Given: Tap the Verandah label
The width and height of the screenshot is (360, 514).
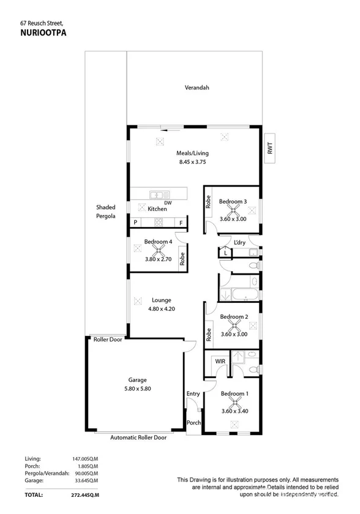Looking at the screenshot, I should pyautogui.click(x=197, y=88).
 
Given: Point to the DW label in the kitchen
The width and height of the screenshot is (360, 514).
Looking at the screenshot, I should pyautogui.click(x=168, y=203).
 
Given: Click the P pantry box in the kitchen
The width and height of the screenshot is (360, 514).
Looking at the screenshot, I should pyautogui.click(x=135, y=223).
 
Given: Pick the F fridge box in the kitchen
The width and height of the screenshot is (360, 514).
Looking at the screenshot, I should pyautogui.click(x=181, y=223).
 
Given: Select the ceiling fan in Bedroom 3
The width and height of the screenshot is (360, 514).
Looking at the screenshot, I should pyautogui.click(x=233, y=210).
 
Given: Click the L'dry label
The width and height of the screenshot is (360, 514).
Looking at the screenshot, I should pyautogui.click(x=239, y=242).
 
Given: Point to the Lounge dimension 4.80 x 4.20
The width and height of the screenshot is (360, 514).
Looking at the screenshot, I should pyautogui.click(x=162, y=309).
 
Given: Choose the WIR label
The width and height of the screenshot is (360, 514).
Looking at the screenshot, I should pyautogui.click(x=220, y=362).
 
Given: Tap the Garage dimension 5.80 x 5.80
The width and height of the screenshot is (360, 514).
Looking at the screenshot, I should pyautogui.click(x=137, y=389).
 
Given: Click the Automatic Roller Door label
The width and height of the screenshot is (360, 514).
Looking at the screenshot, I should pyautogui.click(x=138, y=438).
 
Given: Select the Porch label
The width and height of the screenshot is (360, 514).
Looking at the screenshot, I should pyautogui.click(x=193, y=423).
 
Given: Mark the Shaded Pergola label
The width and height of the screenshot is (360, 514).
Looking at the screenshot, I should pyautogui.click(x=105, y=212).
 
